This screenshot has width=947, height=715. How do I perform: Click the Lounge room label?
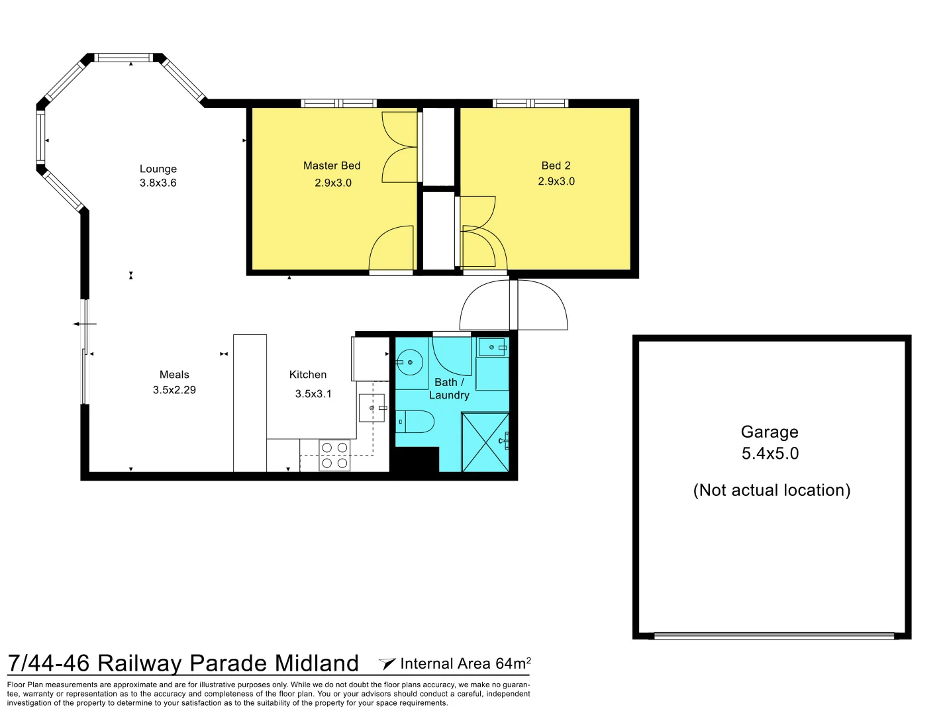tap(158, 169)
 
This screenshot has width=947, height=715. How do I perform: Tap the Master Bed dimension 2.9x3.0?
tap(332, 183)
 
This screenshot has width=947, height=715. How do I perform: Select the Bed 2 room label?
tap(556, 166)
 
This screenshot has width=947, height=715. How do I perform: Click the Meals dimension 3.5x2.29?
tap(174, 390)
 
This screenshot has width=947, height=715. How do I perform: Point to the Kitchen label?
tap(308, 374)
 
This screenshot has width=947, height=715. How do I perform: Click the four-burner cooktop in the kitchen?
tap(334, 455)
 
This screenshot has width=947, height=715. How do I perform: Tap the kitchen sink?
tap(372, 408)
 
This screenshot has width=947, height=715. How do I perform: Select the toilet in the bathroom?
tap(415, 421)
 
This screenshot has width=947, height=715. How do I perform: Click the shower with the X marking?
tap(485, 442)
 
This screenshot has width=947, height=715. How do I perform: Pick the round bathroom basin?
tap(409, 362)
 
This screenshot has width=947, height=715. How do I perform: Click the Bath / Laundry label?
tap(449, 389)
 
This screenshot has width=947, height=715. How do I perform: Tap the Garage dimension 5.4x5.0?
tap(770, 453)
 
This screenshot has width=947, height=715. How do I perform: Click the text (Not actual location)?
tap(772, 491)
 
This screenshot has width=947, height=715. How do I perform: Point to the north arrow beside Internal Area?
tap(387, 663)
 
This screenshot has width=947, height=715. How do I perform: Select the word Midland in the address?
tap(317, 663)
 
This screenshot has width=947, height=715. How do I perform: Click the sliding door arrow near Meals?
tap(85, 324)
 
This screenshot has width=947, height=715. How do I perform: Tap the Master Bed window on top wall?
tap(338, 103)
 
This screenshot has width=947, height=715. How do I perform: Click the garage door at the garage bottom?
tap(774, 636)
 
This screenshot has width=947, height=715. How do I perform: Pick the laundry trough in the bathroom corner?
tap(492, 347)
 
